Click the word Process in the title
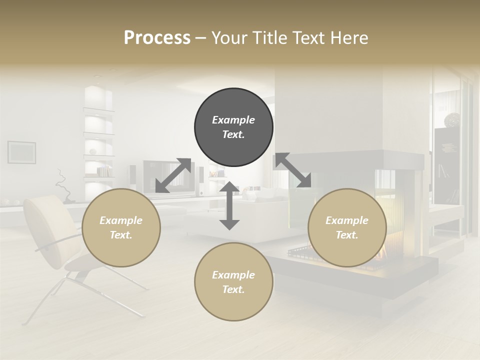coord(157,38)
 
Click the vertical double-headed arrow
coord(229,206)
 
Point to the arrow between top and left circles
coord(173,175)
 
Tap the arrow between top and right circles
coord(293,170)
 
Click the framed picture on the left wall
coord(21,152)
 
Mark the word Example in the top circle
coord(233,120)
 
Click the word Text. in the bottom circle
coord(233,289)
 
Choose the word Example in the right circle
coord(347,220)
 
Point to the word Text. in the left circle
coord(121,235)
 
